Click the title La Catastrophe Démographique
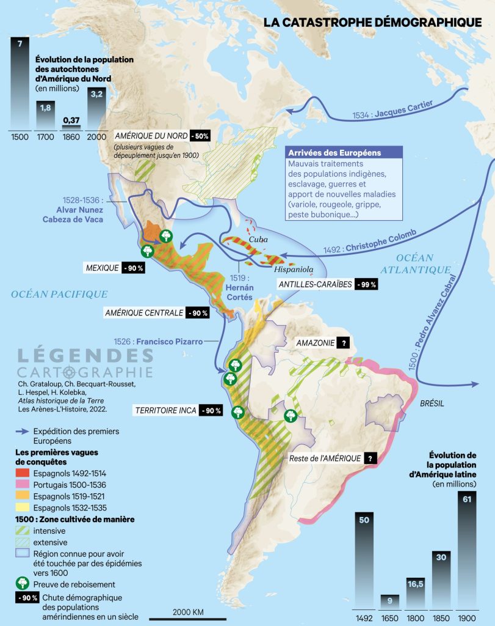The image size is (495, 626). pyautogui.click(x=372, y=22)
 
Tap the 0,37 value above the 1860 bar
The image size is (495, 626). pyautogui.click(x=71, y=119)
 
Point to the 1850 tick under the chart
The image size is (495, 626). pyautogui.click(x=441, y=617)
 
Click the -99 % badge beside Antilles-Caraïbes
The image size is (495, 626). pyautogui.click(x=369, y=284)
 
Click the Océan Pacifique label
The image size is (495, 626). pyautogui.click(x=59, y=295)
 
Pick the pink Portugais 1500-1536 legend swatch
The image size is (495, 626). pyautogui.click(x=23, y=485)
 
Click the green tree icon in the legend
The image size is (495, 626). pyautogui.click(x=23, y=584)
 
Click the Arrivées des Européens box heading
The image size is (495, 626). pyautogui.click(x=334, y=153)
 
